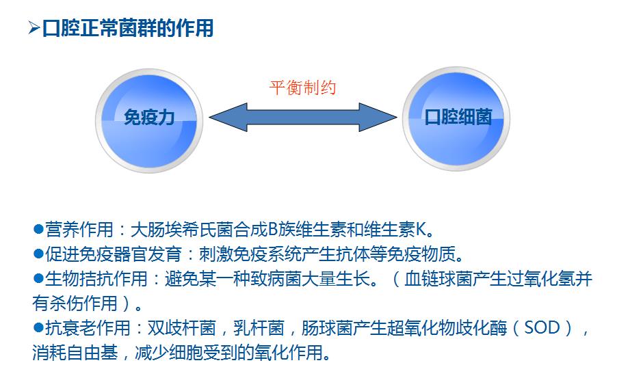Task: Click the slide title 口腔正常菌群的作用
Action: [128, 28]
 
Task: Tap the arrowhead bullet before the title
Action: [34, 28]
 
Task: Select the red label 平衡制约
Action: [302, 87]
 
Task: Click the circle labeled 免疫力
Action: [149, 120]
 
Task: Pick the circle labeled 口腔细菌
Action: [456, 118]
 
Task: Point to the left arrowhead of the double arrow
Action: [228, 117]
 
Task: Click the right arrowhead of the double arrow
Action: [378, 117]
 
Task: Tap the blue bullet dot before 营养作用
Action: [38, 229]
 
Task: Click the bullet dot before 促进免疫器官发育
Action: [38, 254]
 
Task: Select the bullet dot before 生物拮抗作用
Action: [38, 278]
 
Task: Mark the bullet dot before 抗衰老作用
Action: [38, 327]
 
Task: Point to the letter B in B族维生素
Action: [273, 229]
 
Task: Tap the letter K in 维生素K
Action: [421, 229]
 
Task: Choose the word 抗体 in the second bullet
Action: [353, 254]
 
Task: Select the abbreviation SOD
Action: [542, 327]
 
